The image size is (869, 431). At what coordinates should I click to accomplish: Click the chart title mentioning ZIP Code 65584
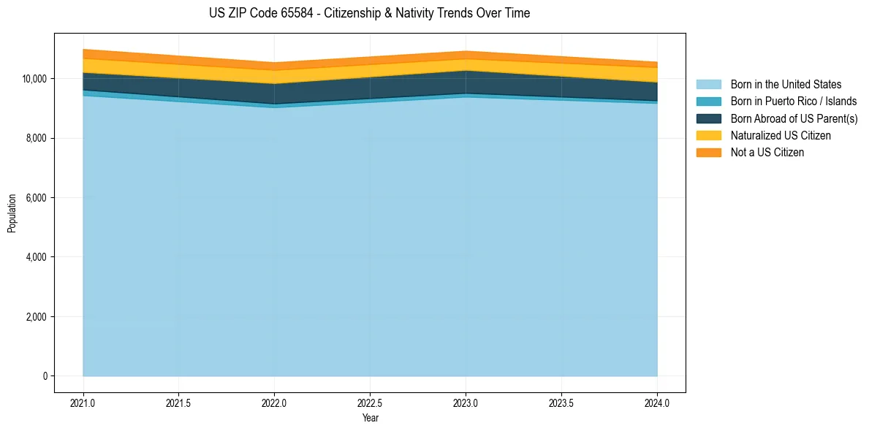[369, 13]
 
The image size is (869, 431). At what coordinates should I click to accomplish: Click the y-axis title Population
[12, 213]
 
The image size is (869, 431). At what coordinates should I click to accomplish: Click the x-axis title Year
[370, 418]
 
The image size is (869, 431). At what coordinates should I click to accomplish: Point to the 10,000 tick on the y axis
[34, 79]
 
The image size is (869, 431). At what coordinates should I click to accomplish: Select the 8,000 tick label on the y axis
[37, 138]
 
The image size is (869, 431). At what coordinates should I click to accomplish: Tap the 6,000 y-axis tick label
[37, 198]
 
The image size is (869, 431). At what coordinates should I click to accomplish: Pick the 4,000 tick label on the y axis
[37, 257]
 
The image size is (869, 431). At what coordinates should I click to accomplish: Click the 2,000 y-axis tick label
[37, 317]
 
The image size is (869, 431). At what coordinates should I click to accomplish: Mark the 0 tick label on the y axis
[44, 376]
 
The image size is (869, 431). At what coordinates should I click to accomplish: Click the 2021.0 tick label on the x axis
[83, 403]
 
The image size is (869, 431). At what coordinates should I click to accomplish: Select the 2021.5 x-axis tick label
[179, 403]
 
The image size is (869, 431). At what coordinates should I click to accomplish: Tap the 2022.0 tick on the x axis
[274, 403]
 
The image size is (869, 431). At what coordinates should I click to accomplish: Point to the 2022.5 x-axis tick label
[370, 403]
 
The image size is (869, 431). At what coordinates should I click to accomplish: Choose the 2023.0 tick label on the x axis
[466, 403]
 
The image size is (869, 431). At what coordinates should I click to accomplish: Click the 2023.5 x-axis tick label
[561, 403]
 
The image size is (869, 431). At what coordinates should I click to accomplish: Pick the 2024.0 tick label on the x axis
[657, 403]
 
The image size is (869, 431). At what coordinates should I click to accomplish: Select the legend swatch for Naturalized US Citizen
[708, 136]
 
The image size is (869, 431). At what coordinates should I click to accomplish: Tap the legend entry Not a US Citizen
[767, 153]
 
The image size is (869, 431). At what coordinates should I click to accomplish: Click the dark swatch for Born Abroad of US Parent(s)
[708, 118]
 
